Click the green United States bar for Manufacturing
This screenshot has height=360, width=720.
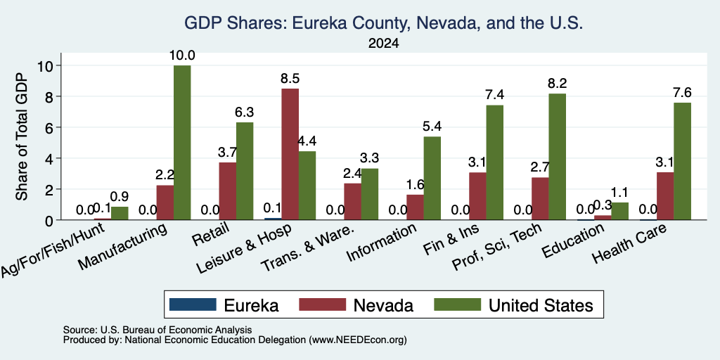[182, 142]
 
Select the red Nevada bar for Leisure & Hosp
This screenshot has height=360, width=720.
[290, 154]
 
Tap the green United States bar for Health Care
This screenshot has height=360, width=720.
[682, 161]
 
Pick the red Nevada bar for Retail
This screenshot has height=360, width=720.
[228, 191]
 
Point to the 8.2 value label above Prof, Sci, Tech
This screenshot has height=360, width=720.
[557, 83]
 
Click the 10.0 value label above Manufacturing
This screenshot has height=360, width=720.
[182, 56]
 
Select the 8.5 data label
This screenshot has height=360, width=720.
[290, 79]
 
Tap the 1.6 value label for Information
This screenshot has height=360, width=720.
[415, 185]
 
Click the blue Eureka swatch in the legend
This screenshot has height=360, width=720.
[193, 304]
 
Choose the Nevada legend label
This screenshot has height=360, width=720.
[383, 305]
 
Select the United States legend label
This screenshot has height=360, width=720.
[541, 305]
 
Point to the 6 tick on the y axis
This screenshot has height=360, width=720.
[51, 127]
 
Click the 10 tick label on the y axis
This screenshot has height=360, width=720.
[46, 65]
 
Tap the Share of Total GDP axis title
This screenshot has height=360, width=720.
[22, 136]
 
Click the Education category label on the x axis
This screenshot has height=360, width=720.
[573, 241]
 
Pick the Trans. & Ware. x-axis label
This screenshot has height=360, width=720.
[308, 247]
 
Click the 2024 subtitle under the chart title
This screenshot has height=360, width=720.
[383, 44]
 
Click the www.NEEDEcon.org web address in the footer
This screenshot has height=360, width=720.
[358, 340]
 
